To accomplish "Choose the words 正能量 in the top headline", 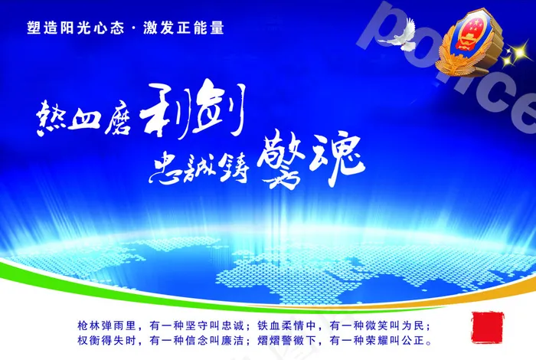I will click(x=204, y=28).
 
